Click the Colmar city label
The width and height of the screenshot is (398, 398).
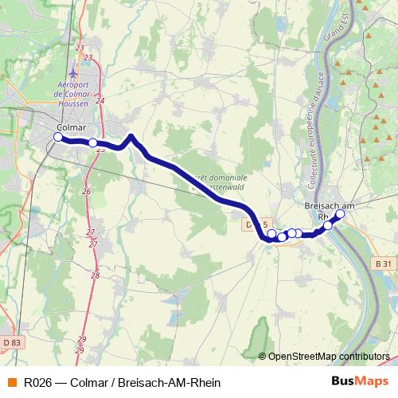72,127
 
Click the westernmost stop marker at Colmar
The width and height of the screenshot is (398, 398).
57,138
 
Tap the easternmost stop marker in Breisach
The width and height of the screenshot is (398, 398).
340,214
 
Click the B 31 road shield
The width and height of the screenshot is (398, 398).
384,263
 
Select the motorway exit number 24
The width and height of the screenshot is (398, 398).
99,101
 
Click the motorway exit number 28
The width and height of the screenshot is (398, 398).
96,275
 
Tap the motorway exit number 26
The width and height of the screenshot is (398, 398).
86,191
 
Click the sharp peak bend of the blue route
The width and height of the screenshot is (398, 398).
131,136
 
